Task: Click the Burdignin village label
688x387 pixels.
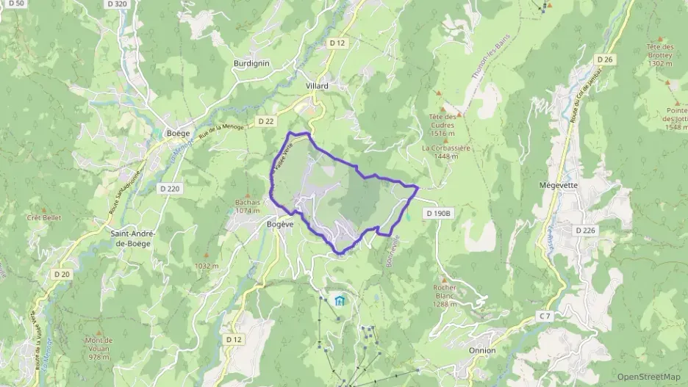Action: pyautogui.click(x=251, y=63)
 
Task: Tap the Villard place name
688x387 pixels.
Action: pyautogui.click(x=317, y=86)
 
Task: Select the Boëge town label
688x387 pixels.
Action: pyautogui.click(x=178, y=133)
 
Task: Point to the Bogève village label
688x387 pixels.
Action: pyautogui.click(x=280, y=225)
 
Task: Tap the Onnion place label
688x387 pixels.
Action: pyautogui.click(x=482, y=350)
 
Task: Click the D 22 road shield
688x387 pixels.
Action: pyautogui.click(x=266, y=120)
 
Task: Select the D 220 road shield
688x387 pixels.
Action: pyautogui.click(x=170, y=189)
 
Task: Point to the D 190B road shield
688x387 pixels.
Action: pyautogui.click(x=440, y=213)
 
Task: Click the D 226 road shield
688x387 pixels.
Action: pyautogui.click(x=585, y=231)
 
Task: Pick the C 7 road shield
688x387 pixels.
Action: pyautogui.click(x=544, y=316)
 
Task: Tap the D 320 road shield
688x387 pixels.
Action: pyautogui.click(x=117, y=4)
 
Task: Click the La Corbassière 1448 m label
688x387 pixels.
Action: pyautogui.click(x=446, y=151)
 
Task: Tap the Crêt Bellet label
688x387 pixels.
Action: pyautogui.click(x=44, y=218)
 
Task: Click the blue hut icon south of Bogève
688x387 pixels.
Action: pyautogui.click(x=339, y=300)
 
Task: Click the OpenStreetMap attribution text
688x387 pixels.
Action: pyautogui.click(x=649, y=377)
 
